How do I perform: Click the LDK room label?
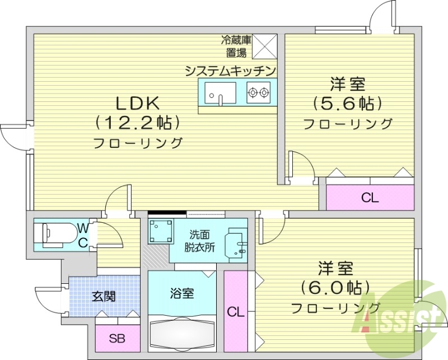point(138,102)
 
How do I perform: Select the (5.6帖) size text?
point(348,104)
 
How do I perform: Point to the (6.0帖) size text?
point(335,288)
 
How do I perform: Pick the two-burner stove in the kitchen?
point(258,91)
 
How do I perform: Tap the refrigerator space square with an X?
point(265,46)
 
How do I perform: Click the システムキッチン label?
point(231,71)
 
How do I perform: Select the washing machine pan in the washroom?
point(160,230)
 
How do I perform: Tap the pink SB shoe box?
point(116,338)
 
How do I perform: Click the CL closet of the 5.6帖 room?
point(370,197)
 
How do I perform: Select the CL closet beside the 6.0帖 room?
point(236,311)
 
